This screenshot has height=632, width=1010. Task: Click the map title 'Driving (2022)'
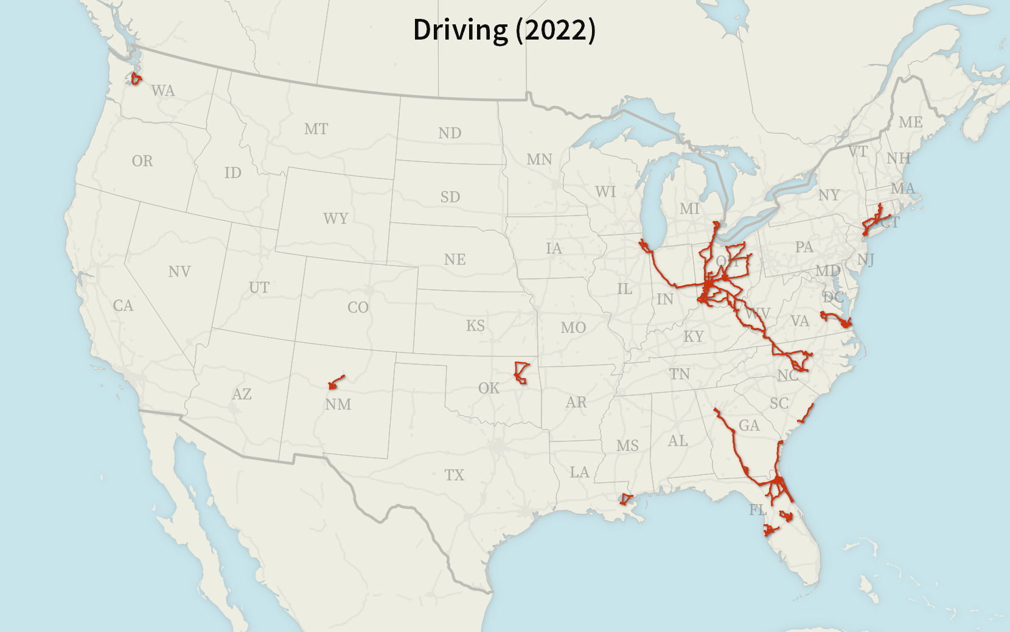504,30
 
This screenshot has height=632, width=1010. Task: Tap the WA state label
163,91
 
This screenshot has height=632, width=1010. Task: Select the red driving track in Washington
136,79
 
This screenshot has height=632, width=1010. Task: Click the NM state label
338,404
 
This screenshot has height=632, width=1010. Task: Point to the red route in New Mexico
336,381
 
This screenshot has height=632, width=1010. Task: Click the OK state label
489,388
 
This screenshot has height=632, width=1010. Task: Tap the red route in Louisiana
625,500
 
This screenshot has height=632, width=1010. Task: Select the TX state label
454,475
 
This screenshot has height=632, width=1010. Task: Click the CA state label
123,306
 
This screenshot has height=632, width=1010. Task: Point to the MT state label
316,129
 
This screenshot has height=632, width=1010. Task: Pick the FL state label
757,510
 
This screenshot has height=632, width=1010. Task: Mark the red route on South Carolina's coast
806,414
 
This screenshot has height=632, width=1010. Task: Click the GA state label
749,426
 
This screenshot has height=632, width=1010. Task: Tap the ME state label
910,122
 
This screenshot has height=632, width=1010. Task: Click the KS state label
475,326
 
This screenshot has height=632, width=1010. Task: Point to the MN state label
539,160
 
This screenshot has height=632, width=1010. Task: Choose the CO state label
358,307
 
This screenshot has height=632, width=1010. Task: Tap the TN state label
679,374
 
